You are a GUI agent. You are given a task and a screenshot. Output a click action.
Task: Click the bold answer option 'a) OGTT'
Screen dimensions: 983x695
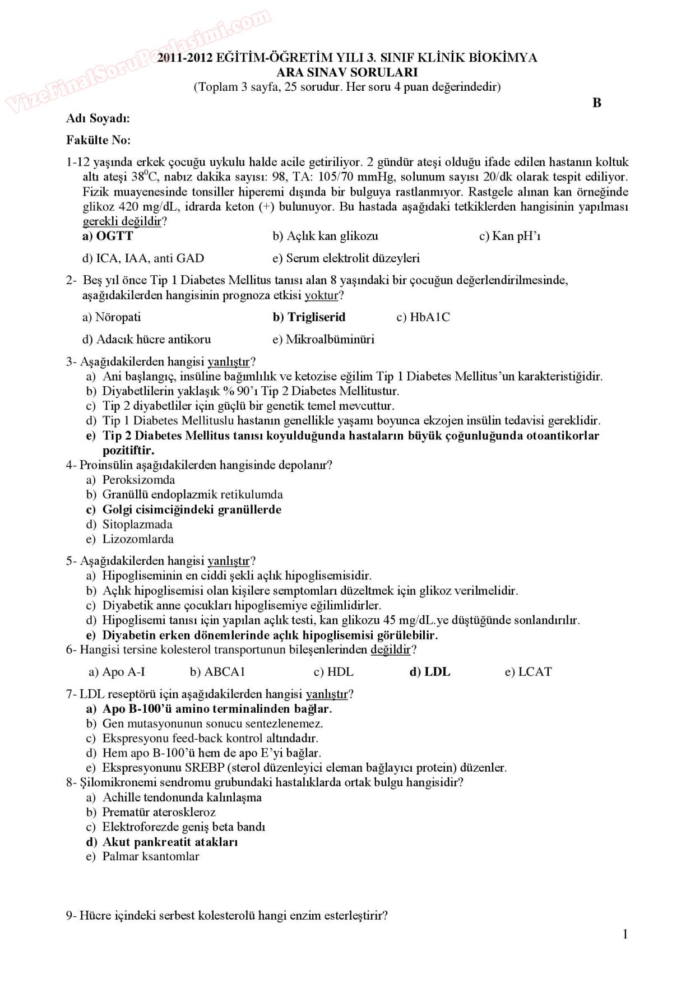[108, 236]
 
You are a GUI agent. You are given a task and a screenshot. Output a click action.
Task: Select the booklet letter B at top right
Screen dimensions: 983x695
[597, 103]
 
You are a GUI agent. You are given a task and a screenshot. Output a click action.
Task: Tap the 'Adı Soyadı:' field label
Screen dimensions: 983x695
[98, 118]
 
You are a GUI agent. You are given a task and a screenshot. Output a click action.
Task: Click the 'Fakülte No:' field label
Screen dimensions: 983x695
[98, 140]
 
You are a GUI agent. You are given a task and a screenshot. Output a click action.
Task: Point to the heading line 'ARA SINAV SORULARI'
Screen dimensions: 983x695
[347, 72]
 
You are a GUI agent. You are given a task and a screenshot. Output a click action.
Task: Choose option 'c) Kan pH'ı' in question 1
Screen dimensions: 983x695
[509, 236]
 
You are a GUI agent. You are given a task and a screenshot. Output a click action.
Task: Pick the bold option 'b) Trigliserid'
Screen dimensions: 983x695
[309, 317]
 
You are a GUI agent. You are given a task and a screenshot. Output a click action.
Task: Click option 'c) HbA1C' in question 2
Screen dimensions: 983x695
[423, 317]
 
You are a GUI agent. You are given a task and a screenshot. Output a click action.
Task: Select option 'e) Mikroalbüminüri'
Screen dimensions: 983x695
[323, 340]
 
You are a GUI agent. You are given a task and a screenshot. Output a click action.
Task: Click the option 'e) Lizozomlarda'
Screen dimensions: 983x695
[129, 539]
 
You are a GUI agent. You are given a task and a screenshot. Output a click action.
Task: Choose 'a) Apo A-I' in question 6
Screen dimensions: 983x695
[117, 672]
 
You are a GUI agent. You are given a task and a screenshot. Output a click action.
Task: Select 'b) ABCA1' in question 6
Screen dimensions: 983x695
[217, 672]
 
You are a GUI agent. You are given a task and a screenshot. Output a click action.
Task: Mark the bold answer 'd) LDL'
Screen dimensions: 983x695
[430, 672]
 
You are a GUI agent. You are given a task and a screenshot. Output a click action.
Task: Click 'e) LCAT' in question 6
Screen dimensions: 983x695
[528, 672]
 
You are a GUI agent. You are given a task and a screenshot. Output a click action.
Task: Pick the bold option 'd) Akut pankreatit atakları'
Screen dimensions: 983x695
[162, 842]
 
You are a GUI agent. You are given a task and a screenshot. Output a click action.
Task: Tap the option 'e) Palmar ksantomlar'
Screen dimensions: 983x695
[142, 856]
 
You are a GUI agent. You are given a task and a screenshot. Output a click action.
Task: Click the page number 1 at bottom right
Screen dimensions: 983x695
[625, 934]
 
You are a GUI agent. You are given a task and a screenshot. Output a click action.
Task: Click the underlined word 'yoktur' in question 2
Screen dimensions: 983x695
[322, 295]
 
